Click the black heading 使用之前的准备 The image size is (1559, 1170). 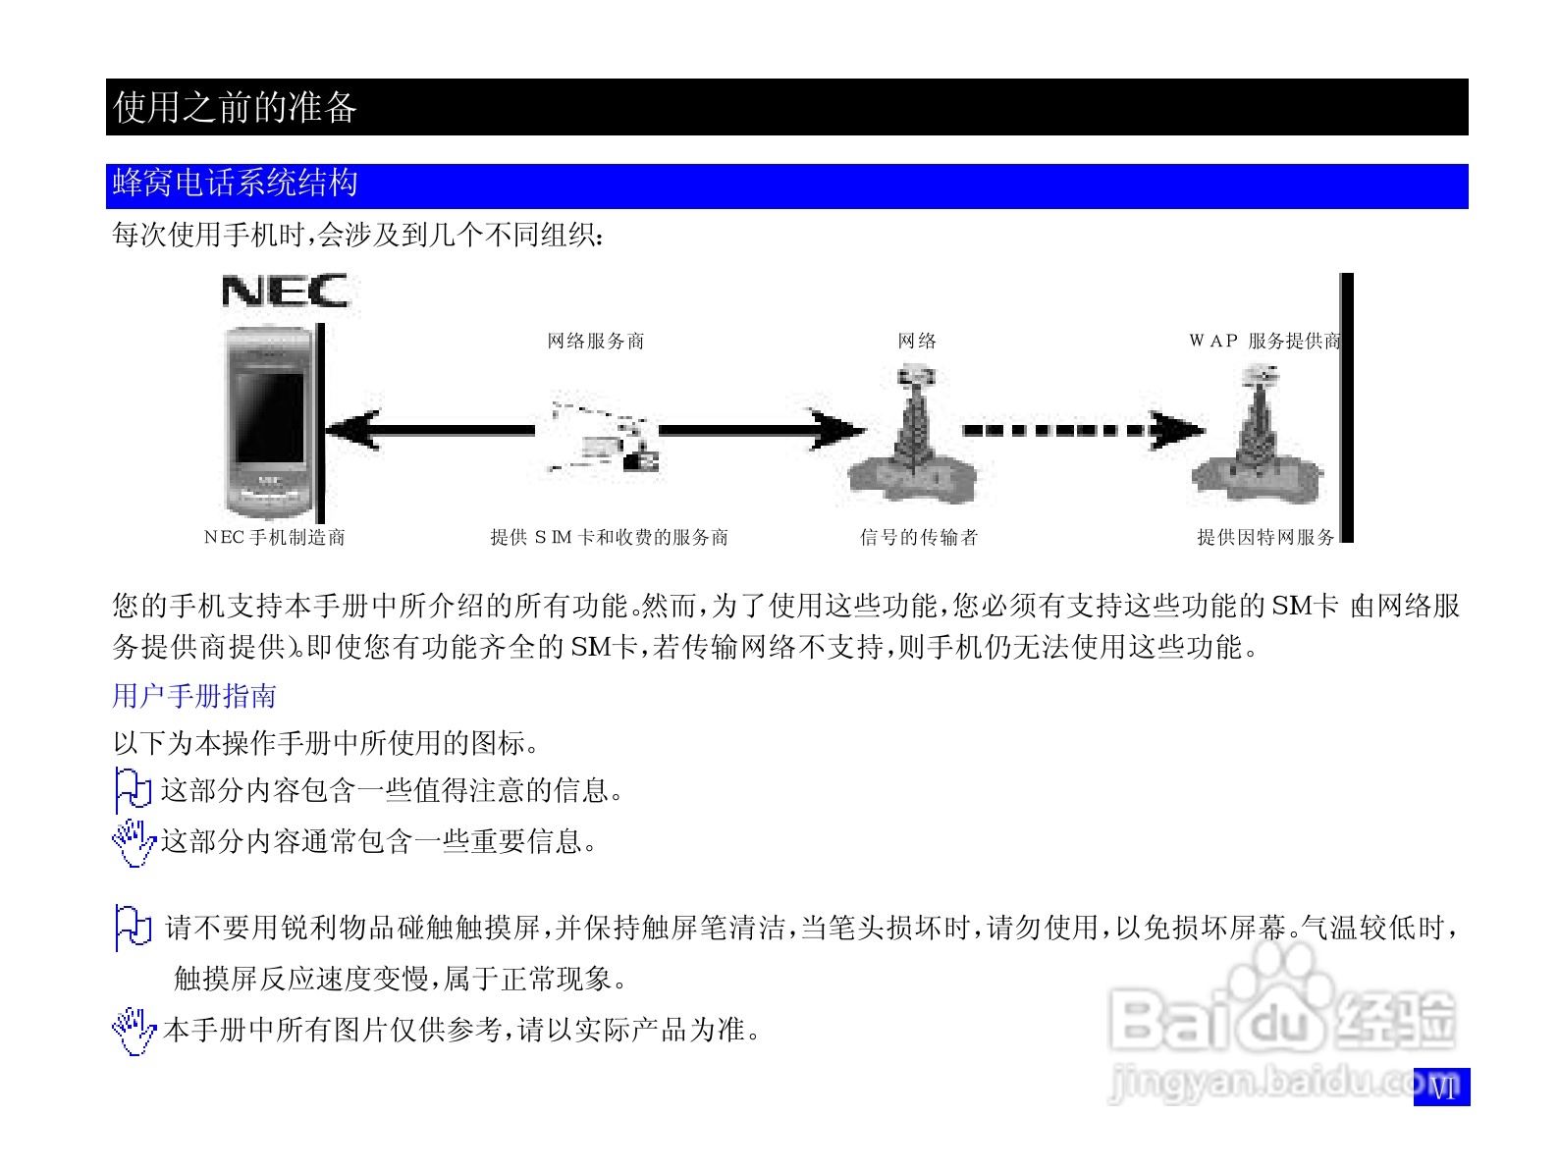(236, 107)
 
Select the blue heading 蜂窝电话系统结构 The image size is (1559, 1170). (236, 184)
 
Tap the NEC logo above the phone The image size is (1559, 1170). (285, 292)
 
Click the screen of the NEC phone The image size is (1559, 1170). (268, 417)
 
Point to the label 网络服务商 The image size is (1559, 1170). (596, 342)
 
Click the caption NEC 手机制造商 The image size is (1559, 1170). (275, 538)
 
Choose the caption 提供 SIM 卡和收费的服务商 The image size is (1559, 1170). (610, 538)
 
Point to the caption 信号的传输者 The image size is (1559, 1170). (919, 538)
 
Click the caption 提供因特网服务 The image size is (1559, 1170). (1265, 538)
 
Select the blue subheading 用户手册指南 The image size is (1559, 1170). (194, 696)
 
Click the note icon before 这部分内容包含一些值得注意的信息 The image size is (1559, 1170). (133, 790)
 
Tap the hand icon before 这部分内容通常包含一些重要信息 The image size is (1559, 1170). (134, 842)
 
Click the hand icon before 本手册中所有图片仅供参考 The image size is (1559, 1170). (134, 1031)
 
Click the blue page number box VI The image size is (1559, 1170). (1441, 1087)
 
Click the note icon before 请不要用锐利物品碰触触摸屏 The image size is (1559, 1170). (133, 928)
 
